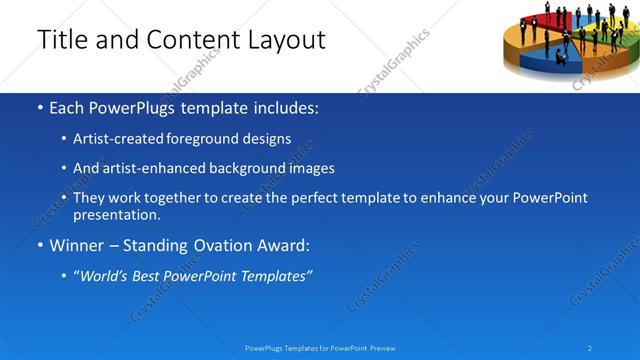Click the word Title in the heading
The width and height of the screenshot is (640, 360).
point(63,40)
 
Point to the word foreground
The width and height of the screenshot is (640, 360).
point(213,139)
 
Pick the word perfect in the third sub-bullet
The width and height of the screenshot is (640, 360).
point(304,198)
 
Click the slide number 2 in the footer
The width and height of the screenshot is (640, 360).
point(590,348)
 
